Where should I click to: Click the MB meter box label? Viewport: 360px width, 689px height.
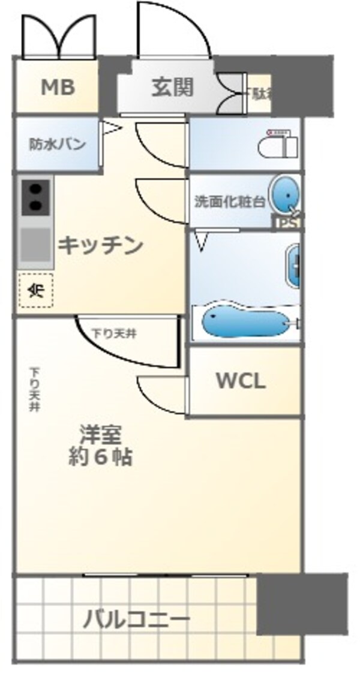(x=58, y=88)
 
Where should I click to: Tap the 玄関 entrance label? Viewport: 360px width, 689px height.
(x=172, y=88)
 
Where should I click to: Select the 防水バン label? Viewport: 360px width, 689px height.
(x=58, y=145)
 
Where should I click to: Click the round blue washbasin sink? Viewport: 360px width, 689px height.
(x=283, y=195)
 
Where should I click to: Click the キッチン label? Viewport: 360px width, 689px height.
(x=100, y=245)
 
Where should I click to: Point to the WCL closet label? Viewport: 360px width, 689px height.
(x=241, y=381)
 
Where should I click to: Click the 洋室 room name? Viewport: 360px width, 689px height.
(x=100, y=434)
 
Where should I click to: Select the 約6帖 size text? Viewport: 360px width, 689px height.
(x=100, y=458)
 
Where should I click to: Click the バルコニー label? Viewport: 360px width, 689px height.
(x=136, y=618)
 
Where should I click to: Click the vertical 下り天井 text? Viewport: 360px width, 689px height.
(x=35, y=389)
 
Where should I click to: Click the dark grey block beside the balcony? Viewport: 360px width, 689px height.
(x=302, y=603)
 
